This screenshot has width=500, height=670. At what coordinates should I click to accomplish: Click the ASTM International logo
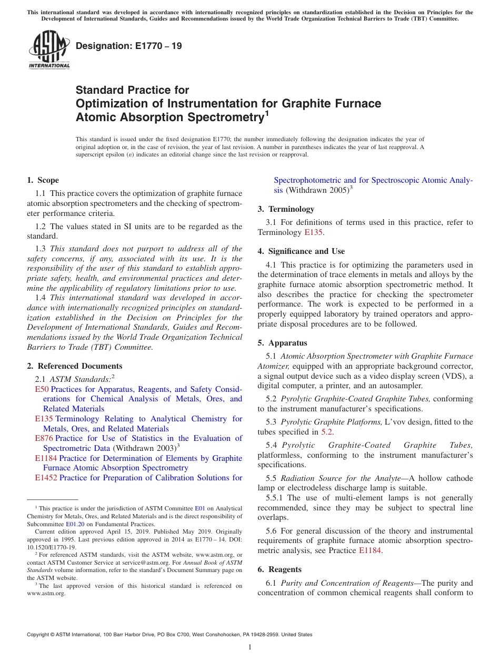49,50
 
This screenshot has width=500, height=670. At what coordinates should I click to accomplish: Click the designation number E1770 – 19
129,46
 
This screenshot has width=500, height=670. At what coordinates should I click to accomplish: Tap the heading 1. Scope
43,180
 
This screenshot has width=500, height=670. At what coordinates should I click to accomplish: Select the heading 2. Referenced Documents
74,366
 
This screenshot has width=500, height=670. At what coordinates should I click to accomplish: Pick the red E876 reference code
44,438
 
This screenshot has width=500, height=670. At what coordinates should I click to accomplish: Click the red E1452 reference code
46,478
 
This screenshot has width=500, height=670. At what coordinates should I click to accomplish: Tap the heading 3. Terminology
286,209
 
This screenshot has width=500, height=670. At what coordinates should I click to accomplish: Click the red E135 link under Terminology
314,232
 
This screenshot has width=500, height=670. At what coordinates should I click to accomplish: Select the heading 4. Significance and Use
301,251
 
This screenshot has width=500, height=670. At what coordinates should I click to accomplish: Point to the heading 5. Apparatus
282,342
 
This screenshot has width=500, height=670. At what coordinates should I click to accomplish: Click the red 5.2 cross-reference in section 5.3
326,432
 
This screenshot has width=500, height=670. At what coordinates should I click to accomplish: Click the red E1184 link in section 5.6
371,550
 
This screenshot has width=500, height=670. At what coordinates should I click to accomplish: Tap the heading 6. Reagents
279,569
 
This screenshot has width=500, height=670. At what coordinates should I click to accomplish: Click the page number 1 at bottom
250,647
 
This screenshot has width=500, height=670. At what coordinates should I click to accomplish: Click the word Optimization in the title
106,103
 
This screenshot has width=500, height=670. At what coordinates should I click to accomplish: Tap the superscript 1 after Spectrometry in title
266,113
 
